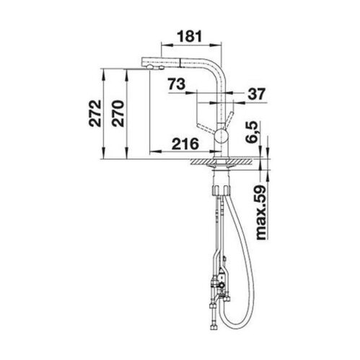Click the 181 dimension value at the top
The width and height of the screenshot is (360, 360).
[190, 37]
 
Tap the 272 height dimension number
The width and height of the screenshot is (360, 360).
[95, 113]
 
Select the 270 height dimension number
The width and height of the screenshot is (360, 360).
[118, 113]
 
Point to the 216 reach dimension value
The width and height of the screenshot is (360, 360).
[185, 144]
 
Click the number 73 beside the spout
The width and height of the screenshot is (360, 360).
[177, 84]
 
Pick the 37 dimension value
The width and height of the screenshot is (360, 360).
[256, 94]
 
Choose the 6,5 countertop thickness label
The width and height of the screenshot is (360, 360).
[251, 132]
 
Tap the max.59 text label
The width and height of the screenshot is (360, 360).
[260, 213]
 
